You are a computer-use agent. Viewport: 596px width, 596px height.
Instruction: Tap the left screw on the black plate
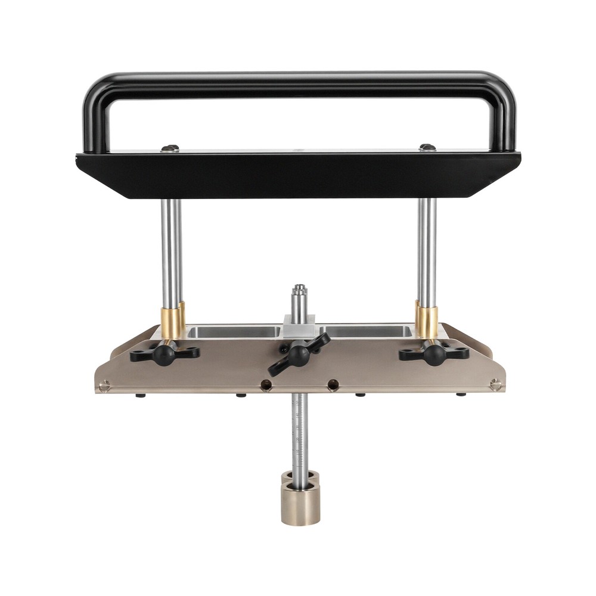[x=170, y=148]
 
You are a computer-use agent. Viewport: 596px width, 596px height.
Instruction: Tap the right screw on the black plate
[x=427, y=147]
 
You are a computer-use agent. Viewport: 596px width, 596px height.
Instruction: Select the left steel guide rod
[x=172, y=250]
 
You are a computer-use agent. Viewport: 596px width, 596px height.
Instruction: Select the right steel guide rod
[x=427, y=250]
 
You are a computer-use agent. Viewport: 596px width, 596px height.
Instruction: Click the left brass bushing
[x=172, y=322]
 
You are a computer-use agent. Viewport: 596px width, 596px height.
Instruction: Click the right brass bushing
[x=426, y=322]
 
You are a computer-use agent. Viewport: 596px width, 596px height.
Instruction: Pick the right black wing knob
[x=434, y=353]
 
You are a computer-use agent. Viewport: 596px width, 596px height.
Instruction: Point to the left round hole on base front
[x=266, y=386]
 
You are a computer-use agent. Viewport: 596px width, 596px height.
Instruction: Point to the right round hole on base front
[x=333, y=386]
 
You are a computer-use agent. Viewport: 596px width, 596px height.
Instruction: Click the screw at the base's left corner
[x=105, y=386]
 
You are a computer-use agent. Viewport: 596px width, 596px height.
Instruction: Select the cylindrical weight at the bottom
[x=300, y=504]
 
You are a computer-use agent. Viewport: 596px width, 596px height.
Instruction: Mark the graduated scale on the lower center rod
[x=299, y=435]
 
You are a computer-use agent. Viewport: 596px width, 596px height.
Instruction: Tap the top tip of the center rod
[x=299, y=289]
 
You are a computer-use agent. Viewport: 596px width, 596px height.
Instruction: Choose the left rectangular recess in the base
[x=234, y=332]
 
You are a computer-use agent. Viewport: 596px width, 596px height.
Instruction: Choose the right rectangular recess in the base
[x=367, y=332]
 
